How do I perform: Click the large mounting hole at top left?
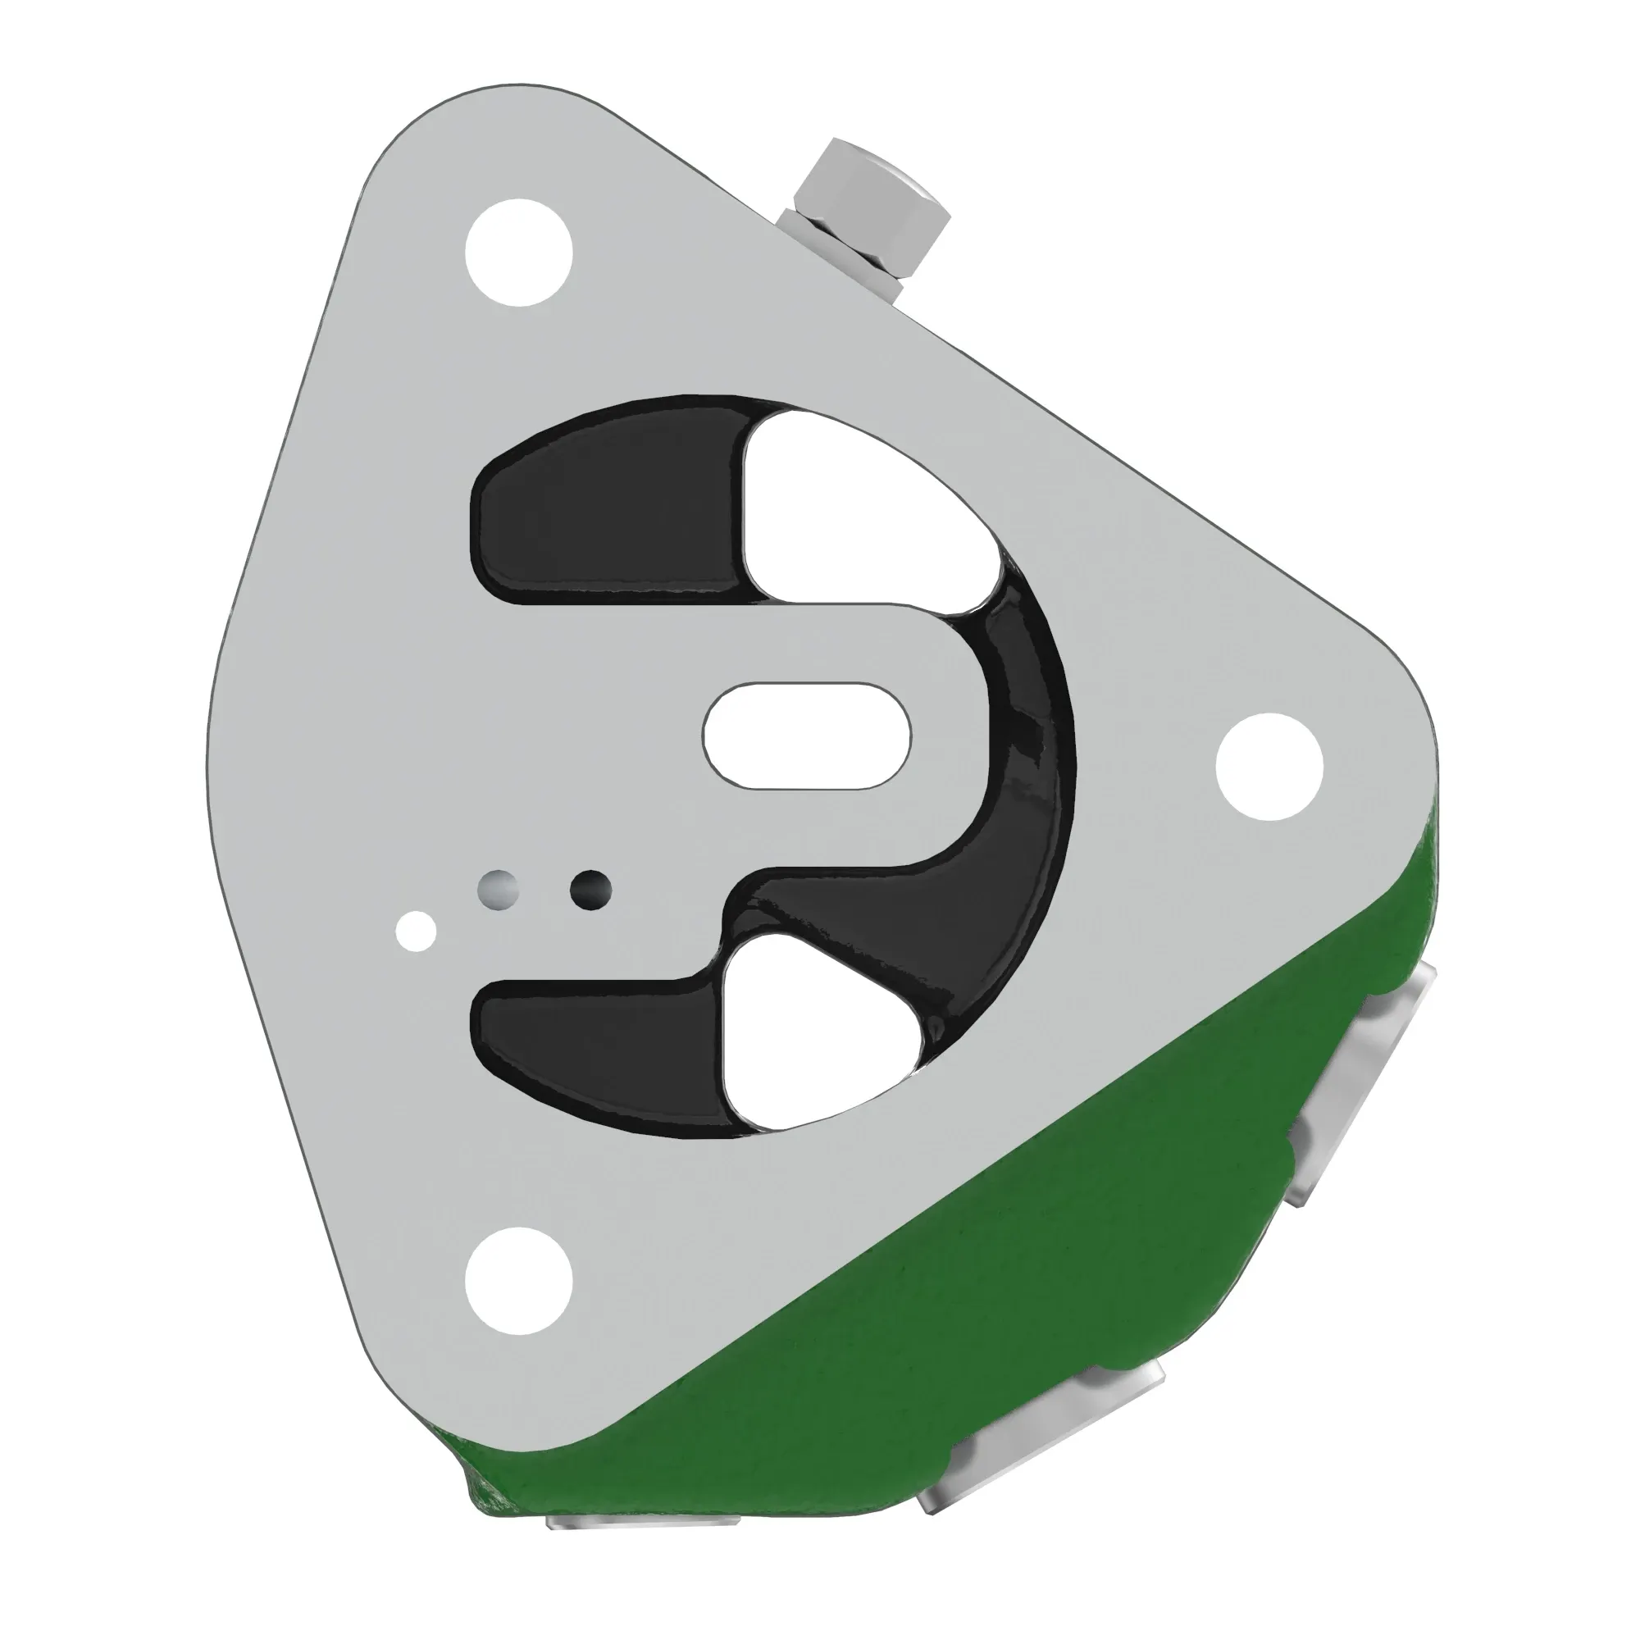(520, 252)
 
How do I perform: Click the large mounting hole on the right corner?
(1269, 767)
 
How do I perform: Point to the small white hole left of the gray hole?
(417, 932)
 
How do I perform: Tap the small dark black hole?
(590, 890)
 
